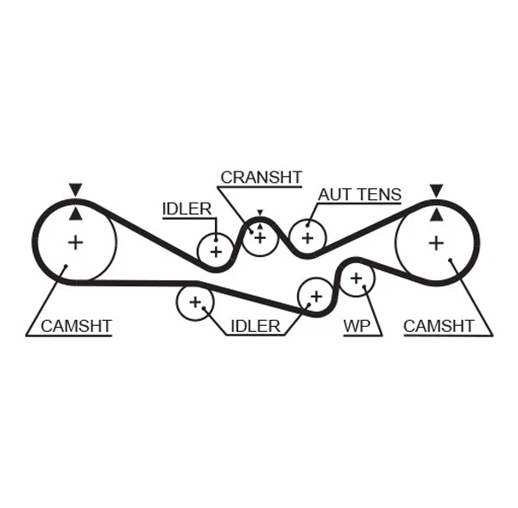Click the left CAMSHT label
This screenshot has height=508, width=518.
(x=76, y=326)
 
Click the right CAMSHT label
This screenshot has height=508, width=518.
(x=439, y=326)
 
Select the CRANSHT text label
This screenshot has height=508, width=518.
(x=261, y=178)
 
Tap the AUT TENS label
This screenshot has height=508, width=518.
(x=359, y=195)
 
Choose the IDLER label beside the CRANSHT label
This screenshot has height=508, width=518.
(x=186, y=209)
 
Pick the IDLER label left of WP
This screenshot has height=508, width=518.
(x=255, y=326)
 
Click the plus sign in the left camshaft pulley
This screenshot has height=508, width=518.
(x=76, y=242)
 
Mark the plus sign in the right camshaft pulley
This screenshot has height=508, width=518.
(x=437, y=242)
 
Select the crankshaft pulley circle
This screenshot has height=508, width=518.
(x=259, y=236)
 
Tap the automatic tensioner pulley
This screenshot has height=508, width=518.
(x=306, y=236)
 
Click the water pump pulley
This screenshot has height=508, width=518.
(x=356, y=278)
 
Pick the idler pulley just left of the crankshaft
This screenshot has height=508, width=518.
(x=215, y=251)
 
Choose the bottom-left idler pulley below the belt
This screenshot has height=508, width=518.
(x=194, y=303)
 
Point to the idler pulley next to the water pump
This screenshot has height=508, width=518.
(x=315, y=296)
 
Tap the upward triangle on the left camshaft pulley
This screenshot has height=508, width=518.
(x=76, y=213)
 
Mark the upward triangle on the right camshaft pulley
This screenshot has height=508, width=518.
(x=437, y=213)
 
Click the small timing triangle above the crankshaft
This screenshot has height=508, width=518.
(x=259, y=212)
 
